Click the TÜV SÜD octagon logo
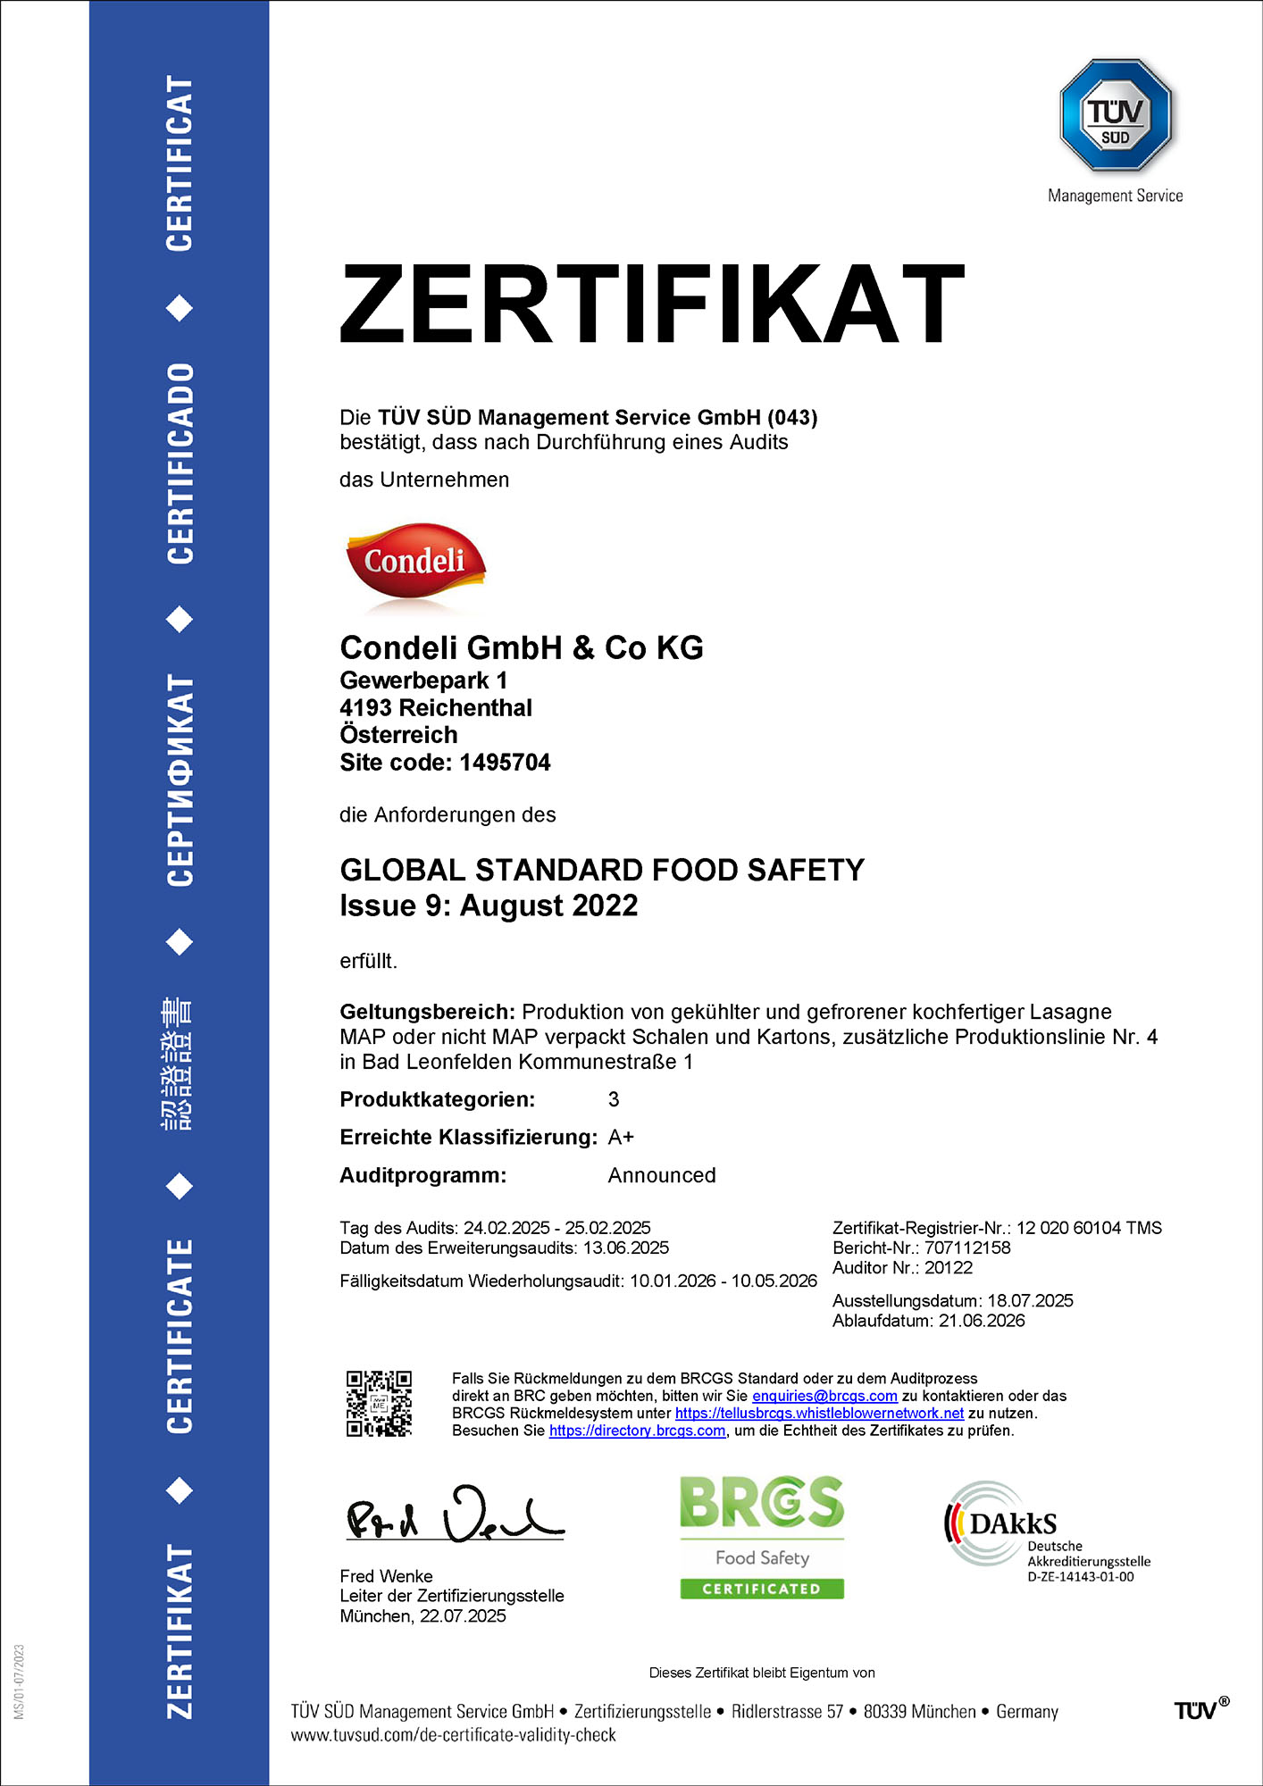[1115, 115]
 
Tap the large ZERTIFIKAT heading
[652, 304]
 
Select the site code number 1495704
[505, 763]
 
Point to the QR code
[379, 1403]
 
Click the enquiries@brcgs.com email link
[824, 1396]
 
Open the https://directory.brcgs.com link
[637, 1431]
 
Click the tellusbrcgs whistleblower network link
[819, 1414]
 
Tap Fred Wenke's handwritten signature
[455, 1515]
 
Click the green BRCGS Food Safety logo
[762, 1537]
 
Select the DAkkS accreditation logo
[1045, 1529]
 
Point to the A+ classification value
[621, 1137]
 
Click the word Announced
[662, 1175]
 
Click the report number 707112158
[967, 1248]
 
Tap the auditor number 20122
[949, 1267]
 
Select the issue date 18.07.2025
[1030, 1301]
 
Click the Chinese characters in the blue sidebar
[178, 1064]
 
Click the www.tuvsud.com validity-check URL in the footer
[453, 1735]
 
